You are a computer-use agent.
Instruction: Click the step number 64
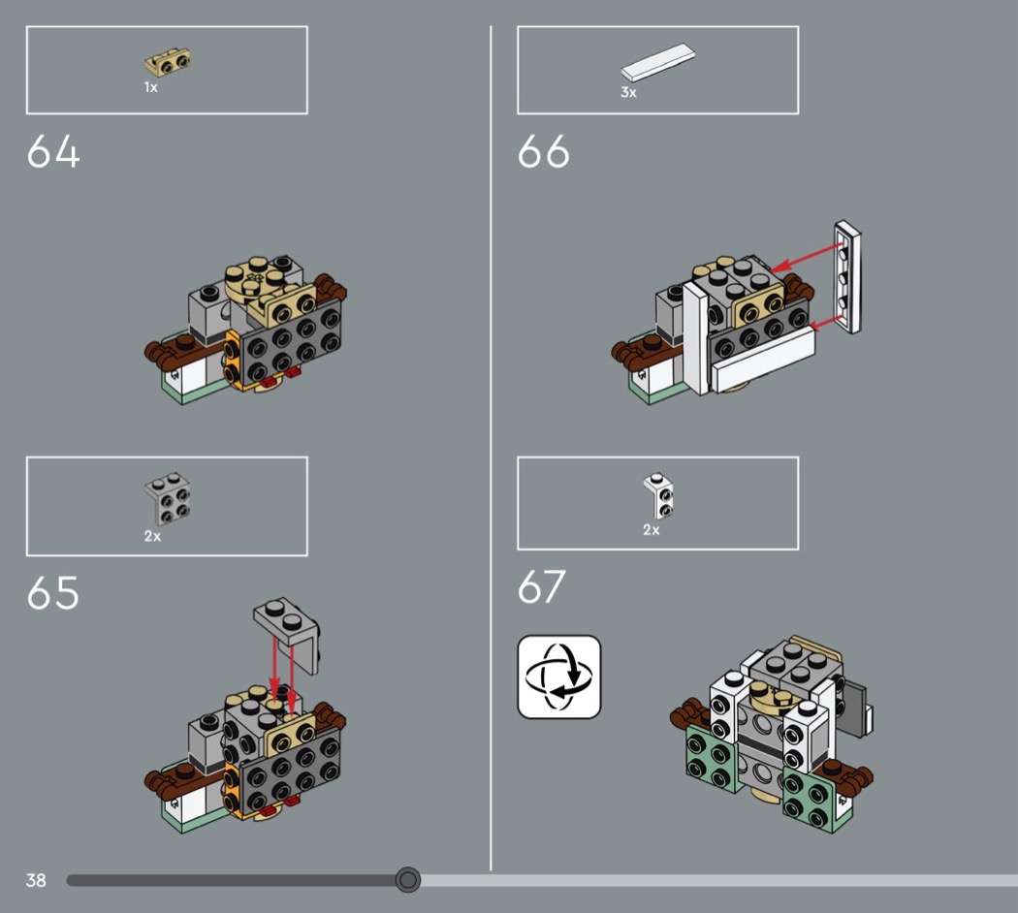[x=53, y=152]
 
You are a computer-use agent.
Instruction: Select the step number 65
[x=53, y=592]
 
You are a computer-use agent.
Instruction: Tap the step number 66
[x=543, y=152]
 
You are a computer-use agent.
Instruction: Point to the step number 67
[x=541, y=586]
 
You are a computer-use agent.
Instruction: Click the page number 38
[x=36, y=880]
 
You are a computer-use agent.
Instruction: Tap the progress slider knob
[x=408, y=879]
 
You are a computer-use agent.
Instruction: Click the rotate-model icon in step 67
[x=559, y=677]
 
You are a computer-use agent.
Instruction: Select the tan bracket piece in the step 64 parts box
[x=167, y=62]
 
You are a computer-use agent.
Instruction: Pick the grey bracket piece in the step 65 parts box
[x=168, y=498]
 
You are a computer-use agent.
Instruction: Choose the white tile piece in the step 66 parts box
[x=657, y=62]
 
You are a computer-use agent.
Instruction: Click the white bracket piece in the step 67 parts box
[x=658, y=496]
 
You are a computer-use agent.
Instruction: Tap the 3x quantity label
[x=628, y=92]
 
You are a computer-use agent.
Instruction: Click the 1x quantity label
[x=150, y=87]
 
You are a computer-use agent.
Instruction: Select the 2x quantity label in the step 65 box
[x=152, y=536]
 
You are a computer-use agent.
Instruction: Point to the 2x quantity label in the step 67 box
[x=652, y=529]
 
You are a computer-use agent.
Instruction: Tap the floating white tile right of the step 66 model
[x=848, y=277]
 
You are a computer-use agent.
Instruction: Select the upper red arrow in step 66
[x=807, y=258]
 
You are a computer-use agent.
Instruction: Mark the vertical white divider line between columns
[x=491, y=448]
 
